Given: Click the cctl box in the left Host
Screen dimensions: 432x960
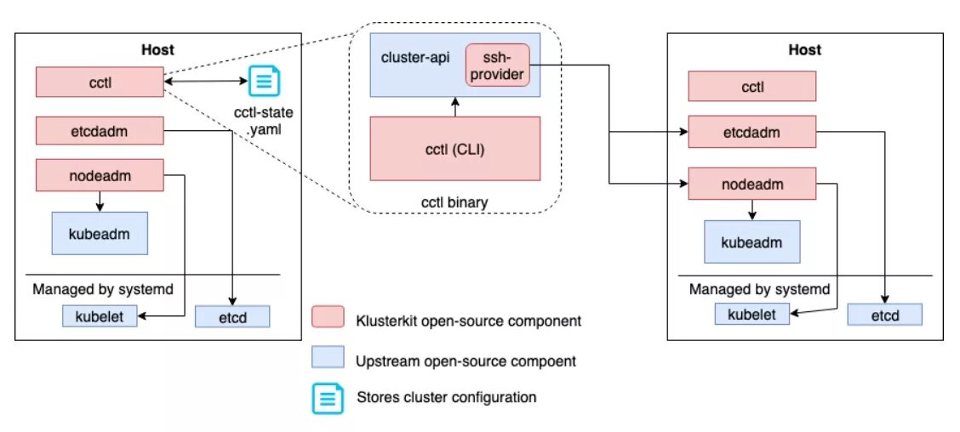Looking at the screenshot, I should click(100, 83).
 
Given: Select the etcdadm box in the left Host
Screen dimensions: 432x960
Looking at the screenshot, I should click(100, 131).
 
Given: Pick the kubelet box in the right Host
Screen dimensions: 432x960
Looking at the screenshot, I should click(751, 314).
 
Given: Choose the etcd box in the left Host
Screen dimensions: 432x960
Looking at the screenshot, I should click(232, 316).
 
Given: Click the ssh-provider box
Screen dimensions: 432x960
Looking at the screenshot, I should click(498, 65).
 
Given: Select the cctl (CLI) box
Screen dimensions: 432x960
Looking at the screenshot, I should click(455, 148).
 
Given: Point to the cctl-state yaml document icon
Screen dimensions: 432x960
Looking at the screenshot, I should click(263, 82).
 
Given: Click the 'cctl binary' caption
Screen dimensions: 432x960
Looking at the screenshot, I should click(454, 202).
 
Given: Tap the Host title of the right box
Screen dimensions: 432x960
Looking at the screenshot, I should click(804, 50).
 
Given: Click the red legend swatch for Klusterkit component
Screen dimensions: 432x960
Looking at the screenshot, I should click(328, 318).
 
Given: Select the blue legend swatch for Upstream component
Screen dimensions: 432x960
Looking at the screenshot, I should click(328, 358).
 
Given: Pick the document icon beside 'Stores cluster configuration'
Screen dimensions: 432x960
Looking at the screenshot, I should click(328, 397).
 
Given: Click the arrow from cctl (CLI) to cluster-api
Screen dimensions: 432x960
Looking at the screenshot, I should click(455, 106).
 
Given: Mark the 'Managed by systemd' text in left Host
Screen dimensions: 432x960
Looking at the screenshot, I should click(103, 289).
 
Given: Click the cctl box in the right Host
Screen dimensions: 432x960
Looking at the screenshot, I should click(751, 87).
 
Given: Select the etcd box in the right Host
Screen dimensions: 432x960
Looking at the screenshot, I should click(885, 314).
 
